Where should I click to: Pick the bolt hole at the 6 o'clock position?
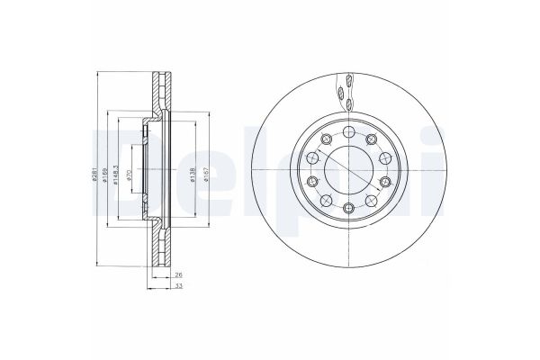click(x=348, y=210)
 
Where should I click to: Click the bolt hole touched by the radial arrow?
click(x=370, y=137)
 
